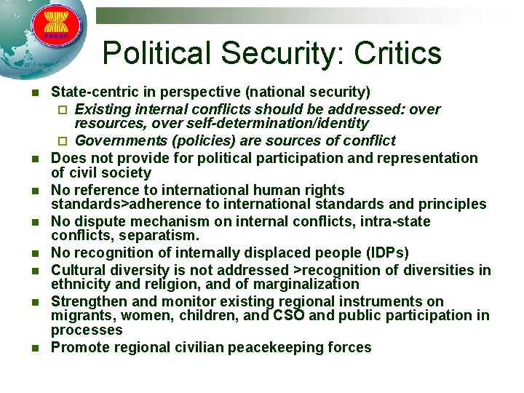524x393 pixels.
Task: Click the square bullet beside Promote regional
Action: coord(30,347)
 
